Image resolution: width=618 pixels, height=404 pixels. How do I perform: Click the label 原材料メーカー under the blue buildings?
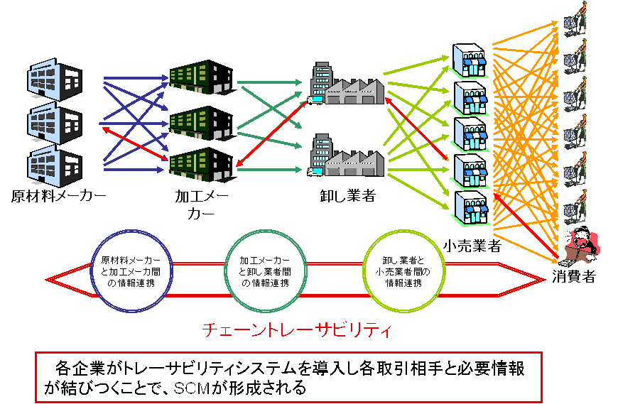coord(58,195)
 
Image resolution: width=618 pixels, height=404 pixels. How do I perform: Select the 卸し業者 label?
coord(347,195)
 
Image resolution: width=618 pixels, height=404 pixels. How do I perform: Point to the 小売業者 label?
coord(472,246)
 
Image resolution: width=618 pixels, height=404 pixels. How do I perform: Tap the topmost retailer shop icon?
coord(471,60)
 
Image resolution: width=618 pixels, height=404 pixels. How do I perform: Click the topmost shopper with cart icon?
coord(574,17)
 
